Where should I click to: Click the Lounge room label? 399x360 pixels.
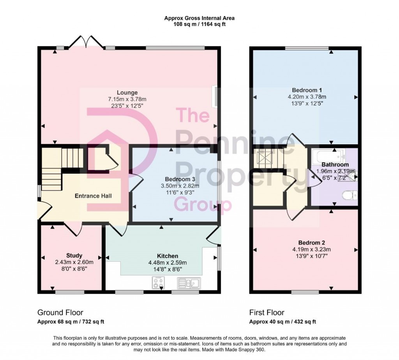(x=127, y=92)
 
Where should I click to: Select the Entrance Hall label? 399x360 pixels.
(x=93, y=196)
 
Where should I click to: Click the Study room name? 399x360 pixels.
(x=74, y=256)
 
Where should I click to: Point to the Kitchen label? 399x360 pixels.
(x=168, y=256)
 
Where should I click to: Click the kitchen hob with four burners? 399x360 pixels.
(x=158, y=282)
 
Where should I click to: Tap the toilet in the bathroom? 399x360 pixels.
(x=349, y=195)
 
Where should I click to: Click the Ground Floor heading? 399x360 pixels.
(x=60, y=312)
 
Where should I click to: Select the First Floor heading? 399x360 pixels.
(x=267, y=312)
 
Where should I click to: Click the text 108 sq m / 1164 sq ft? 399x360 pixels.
(x=199, y=24)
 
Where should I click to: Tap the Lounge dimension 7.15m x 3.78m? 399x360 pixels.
(x=127, y=99)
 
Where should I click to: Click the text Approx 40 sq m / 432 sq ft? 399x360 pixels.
(x=282, y=322)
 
